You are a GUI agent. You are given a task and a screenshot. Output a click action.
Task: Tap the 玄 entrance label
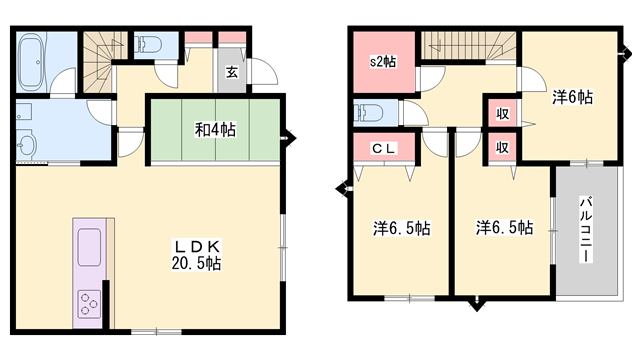point(231,71)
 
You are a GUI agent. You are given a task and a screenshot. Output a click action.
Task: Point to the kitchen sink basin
point(88,243)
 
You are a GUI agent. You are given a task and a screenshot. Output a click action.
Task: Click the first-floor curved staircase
point(101,60)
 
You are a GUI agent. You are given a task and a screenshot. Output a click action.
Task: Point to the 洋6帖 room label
point(572,97)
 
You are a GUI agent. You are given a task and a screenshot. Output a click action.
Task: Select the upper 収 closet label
point(502,113)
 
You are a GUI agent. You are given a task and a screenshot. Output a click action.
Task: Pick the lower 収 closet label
point(502,148)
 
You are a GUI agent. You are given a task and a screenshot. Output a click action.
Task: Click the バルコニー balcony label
point(584,230)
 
